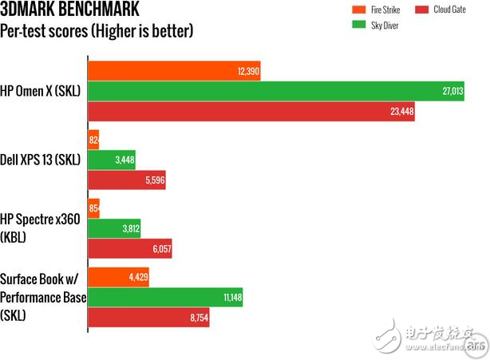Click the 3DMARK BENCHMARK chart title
click(x=69, y=11)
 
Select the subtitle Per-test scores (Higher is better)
click(x=97, y=32)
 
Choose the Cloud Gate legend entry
click(x=437, y=11)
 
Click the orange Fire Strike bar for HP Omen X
click(x=174, y=71)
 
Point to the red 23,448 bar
click(x=251, y=112)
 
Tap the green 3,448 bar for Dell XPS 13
click(x=111, y=160)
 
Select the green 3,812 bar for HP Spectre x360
click(x=113, y=228)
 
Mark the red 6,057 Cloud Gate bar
click(x=129, y=249)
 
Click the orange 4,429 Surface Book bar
click(x=118, y=277)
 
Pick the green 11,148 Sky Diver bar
click(x=164, y=298)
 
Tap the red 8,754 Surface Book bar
click(x=148, y=318)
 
